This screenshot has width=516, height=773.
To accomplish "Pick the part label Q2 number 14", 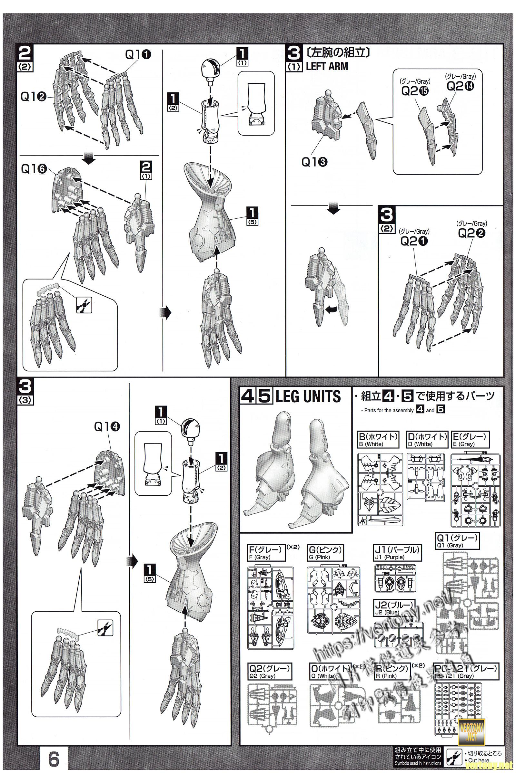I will point(461,86).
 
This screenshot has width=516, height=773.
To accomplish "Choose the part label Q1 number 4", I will point(107,426).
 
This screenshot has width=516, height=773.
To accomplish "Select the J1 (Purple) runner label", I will point(398,553).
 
